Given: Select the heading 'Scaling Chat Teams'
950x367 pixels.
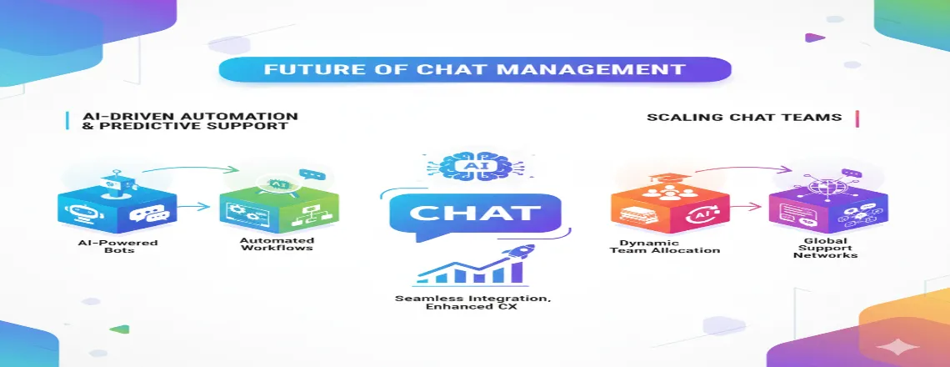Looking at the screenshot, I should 744,118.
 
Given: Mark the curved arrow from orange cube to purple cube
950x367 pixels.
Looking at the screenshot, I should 733,170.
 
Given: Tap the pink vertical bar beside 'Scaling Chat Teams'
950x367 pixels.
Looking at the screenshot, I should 857,118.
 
